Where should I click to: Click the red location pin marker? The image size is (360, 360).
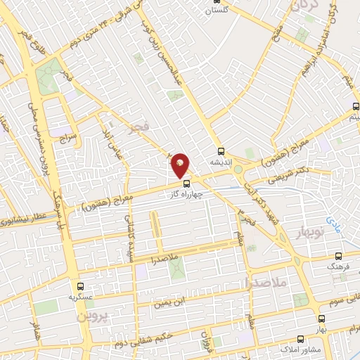181,165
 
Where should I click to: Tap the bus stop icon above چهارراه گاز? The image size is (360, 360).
186,184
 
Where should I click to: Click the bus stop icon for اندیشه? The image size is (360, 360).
221,151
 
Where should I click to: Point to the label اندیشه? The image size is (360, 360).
221,162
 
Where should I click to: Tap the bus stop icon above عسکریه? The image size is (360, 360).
79,286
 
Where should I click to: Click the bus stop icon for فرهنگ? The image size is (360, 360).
340,257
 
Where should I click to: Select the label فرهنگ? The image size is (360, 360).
338,267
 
